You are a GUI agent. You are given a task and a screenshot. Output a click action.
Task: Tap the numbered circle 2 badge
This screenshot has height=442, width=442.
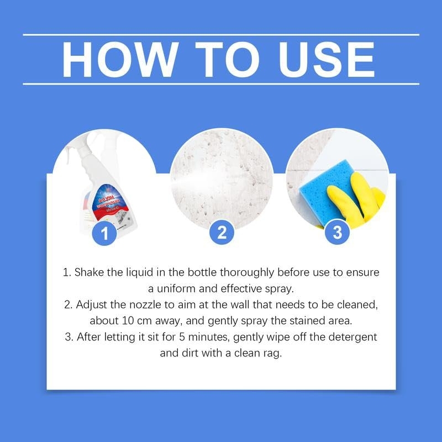222,233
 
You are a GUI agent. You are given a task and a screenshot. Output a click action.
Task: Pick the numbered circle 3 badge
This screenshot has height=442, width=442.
336,233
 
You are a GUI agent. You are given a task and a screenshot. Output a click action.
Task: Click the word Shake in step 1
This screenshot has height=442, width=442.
87,273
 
